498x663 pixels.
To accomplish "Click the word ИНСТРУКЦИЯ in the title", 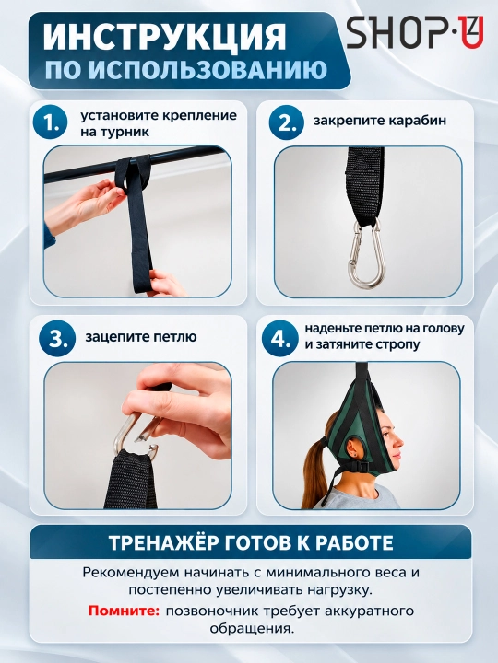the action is [x=165, y=37].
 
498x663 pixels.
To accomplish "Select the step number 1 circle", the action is [x=51, y=123].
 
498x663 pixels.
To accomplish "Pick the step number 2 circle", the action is [x=286, y=122].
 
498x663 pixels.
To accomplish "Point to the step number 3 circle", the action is [x=57, y=338].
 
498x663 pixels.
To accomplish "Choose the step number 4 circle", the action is [x=279, y=337].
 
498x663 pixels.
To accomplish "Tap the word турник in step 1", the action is [x=126, y=132].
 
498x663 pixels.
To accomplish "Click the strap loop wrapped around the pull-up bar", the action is [x=132, y=174].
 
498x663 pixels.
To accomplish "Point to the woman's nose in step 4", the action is [x=400, y=443].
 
